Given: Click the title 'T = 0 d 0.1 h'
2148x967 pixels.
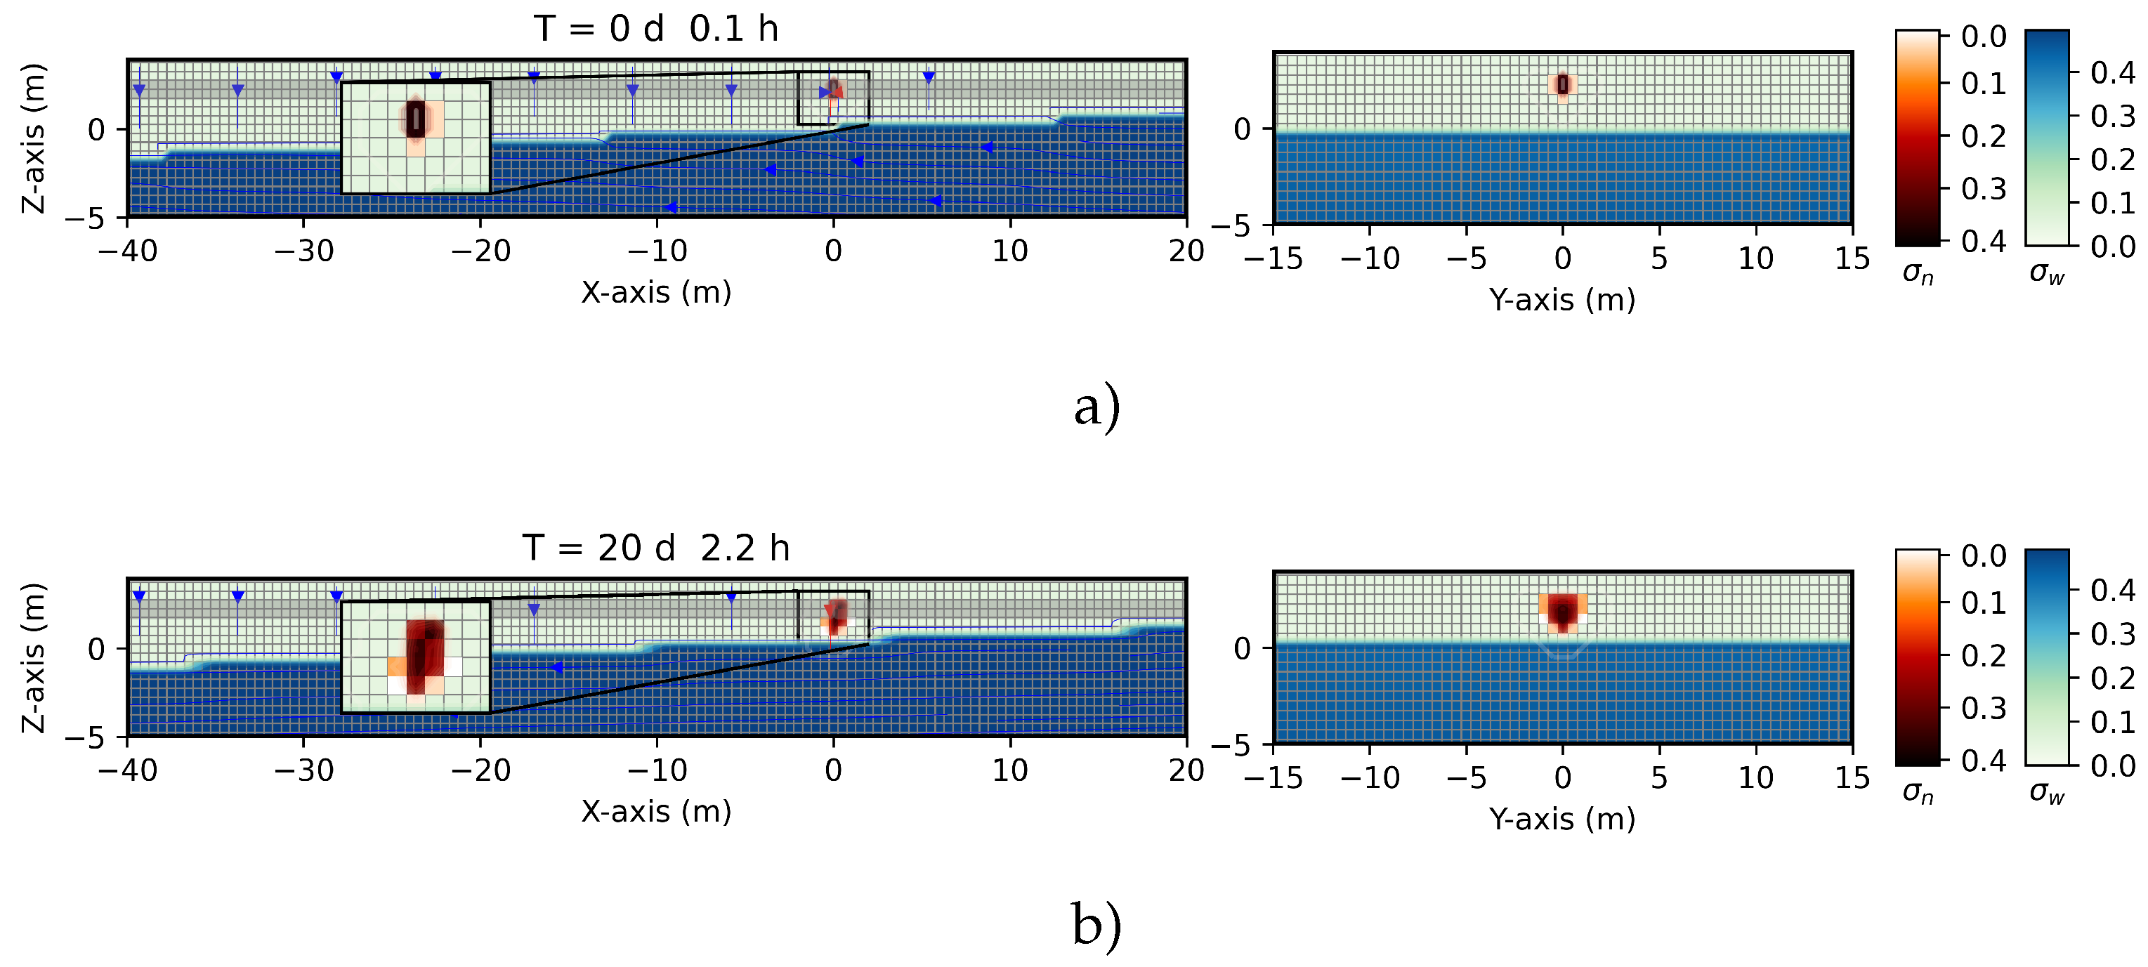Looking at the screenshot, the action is point(656,29).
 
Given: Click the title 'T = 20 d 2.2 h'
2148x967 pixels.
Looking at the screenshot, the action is point(656,548).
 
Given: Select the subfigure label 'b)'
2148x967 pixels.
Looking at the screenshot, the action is point(1096,926).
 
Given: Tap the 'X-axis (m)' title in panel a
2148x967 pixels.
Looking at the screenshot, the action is point(656,293).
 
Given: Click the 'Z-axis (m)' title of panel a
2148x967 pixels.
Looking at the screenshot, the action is point(33,138).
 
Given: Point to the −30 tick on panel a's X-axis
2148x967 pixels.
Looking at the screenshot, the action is point(303,250).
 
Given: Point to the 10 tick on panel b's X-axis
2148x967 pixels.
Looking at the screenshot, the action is point(1010,770).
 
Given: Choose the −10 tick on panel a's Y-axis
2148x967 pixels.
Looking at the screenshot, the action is point(1370,258).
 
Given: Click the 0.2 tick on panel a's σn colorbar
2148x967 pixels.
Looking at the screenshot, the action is point(1984,135).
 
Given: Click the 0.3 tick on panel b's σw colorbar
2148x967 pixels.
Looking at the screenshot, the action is point(2113,634).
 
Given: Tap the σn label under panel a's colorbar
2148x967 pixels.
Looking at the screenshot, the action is point(1918,273).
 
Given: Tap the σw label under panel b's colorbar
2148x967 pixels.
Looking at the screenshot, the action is point(2047,793).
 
